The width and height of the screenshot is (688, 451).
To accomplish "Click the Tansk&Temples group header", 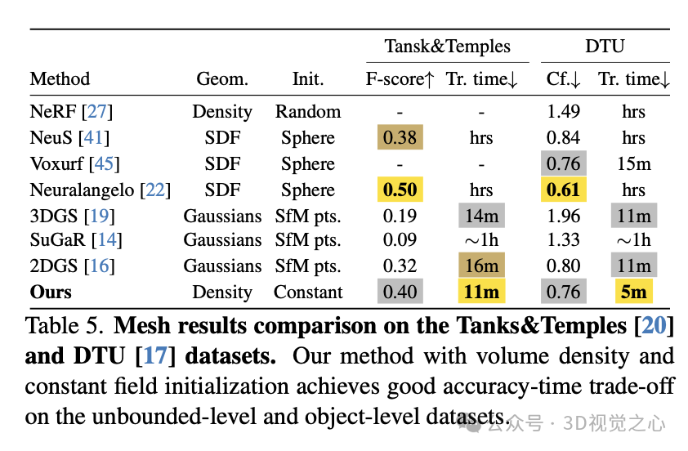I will (x=448, y=47).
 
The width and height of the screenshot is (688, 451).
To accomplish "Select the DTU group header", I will (x=605, y=47).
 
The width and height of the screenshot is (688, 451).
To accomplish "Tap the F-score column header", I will (x=400, y=79).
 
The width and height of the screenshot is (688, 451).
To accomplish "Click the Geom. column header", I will (x=223, y=79).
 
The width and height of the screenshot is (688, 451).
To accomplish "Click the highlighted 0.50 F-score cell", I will (x=400, y=190).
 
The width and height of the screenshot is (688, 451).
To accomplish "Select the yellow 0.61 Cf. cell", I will (x=563, y=190).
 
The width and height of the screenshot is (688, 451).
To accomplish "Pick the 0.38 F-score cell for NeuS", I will (x=400, y=138).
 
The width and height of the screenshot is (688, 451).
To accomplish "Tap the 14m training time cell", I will (x=481, y=217).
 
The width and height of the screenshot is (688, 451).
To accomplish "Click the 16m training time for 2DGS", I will (x=481, y=266).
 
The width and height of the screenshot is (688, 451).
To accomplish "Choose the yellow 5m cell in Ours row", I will (x=633, y=292).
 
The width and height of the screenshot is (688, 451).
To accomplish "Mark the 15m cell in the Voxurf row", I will (x=633, y=164).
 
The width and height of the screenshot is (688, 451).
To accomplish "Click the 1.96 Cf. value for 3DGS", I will (x=563, y=217).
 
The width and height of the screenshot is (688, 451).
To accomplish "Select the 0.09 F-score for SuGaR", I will (x=400, y=240).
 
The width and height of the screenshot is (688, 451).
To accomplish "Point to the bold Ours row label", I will (x=51, y=292).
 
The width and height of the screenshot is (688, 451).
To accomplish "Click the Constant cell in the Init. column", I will (x=308, y=292).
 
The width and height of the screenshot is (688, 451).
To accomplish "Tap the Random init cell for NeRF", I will (x=308, y=112).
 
